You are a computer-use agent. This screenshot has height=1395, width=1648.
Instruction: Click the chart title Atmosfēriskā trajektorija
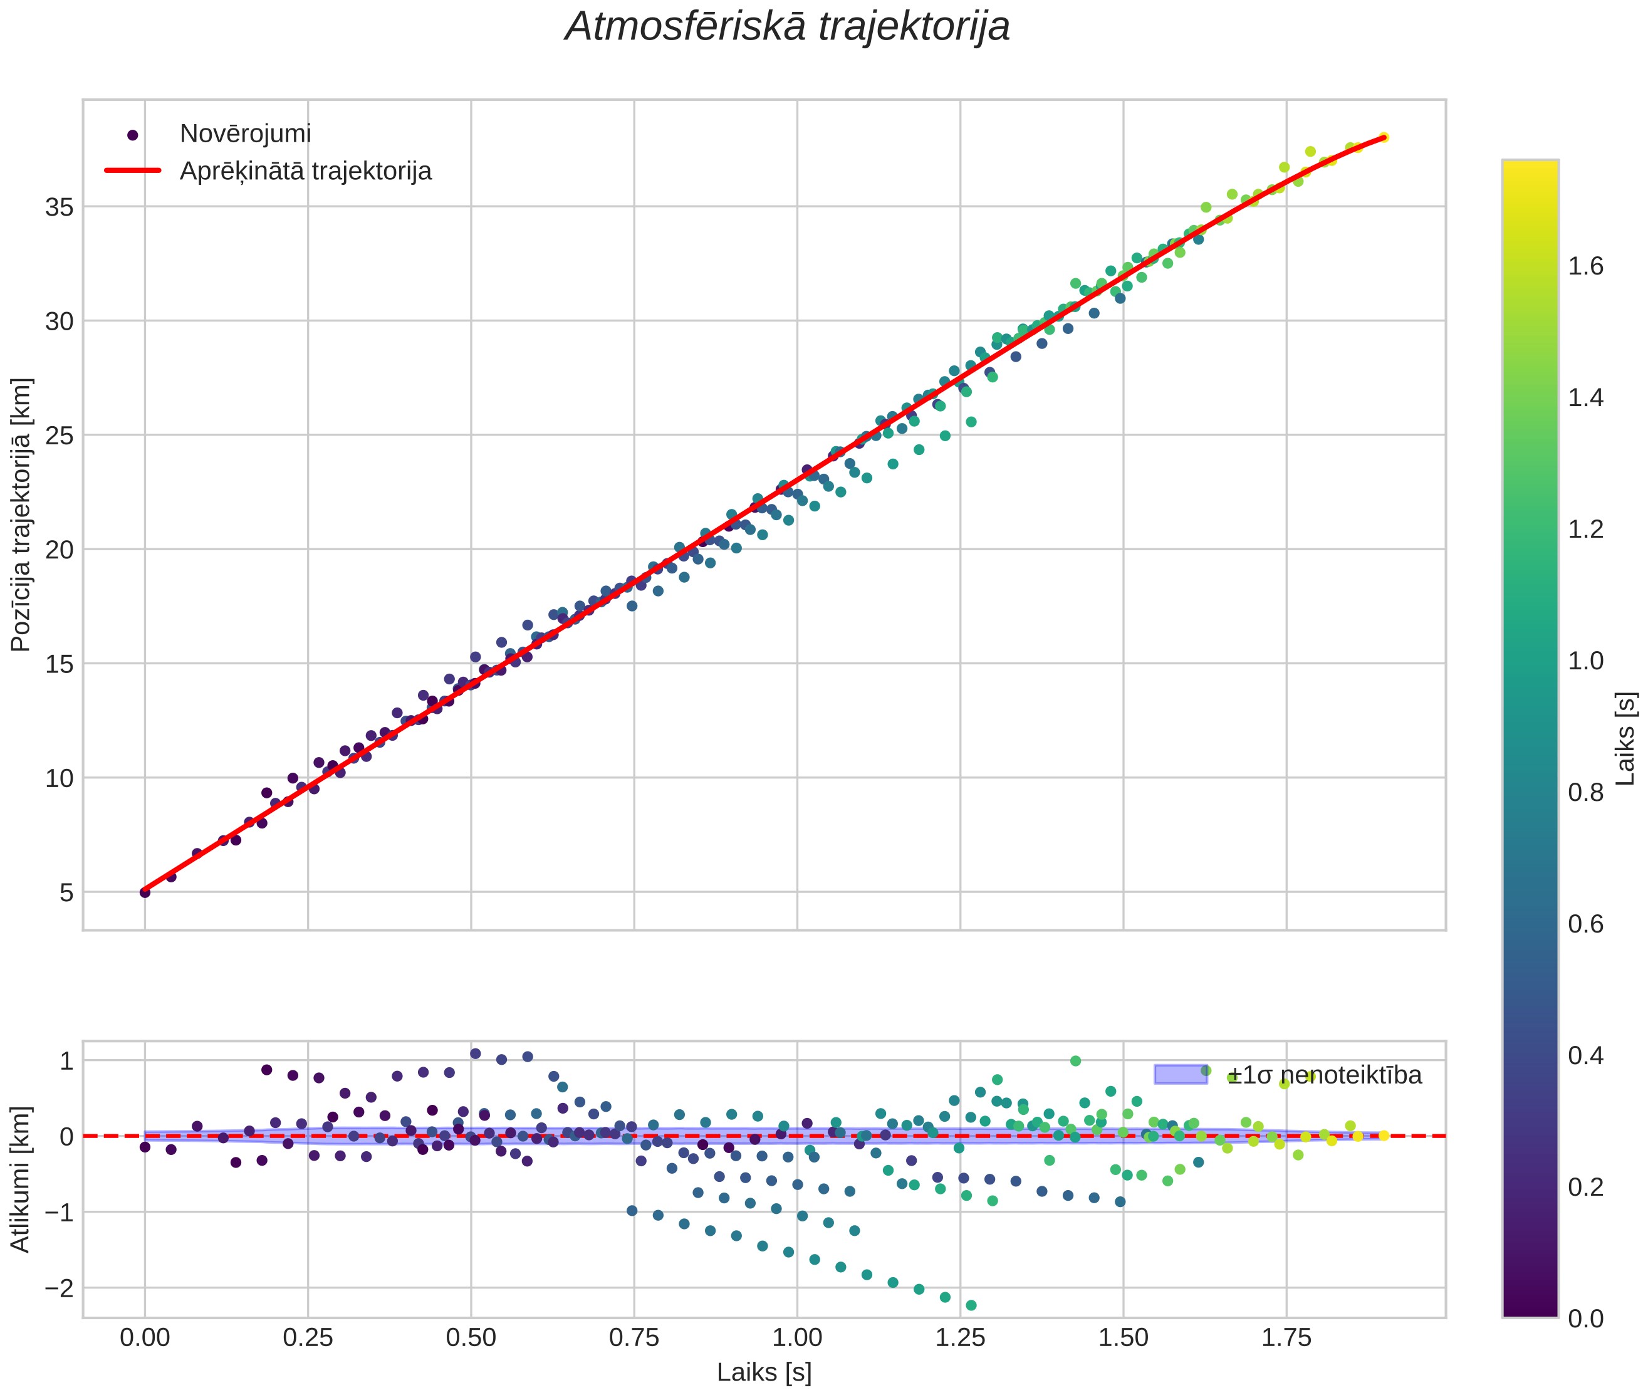pyautogui.click(x=787, y=27)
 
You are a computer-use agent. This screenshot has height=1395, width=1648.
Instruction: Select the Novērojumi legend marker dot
pyautogui.click(x=133, y=135)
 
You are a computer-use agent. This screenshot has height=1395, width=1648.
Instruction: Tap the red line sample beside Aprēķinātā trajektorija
pyautogui.click(x=133, y=171)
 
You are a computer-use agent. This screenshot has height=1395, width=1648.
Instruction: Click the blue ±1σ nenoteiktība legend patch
pyautogui.click(x=1180, y=1075)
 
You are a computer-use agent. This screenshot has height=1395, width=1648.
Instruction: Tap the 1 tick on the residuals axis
pyautogui.click(x=66, y=1060)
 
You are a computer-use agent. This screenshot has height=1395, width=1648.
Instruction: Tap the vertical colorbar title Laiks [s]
pyautogui.click(x=1626, y=739)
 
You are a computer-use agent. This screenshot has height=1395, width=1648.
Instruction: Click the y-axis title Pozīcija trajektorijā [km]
pyautogui.click(x=21, y=515)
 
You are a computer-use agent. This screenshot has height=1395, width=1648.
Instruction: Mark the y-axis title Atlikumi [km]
pyautogui.click(x=21, y=1178)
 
